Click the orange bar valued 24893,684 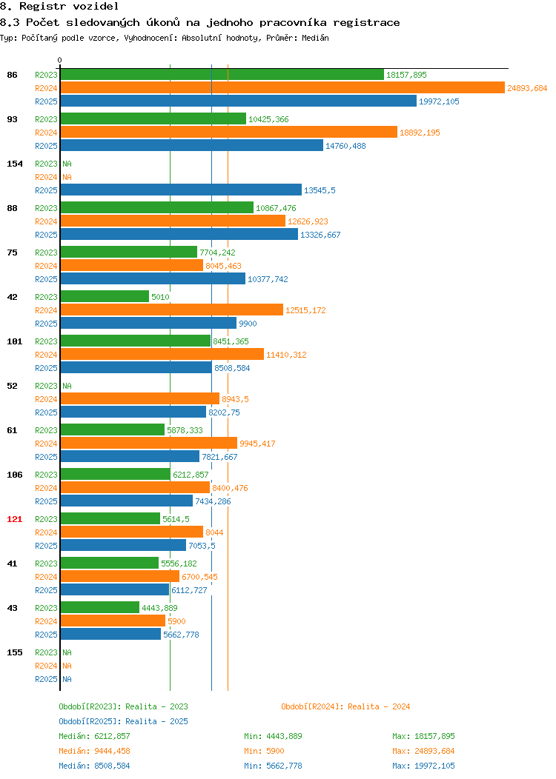tap(282, 88)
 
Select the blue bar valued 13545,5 tap(181, 190)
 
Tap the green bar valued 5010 tap(105, 297)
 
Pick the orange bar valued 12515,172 tap(171, 310)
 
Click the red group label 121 tap(14, 519)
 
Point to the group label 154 tap(14, 164)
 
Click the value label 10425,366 tap(268, 119)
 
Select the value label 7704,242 tap(217, 253)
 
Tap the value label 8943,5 tap(235, 399)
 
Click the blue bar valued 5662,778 tap(111, 635)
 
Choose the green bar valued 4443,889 tap(100, 608)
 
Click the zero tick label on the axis tap(60, 60)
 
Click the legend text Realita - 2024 tap(379, 706)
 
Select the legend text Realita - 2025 tap(156, 721)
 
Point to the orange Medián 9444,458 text tap(94, 751)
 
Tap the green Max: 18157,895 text tap(423, 736)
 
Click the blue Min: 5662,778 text tap(273, 766)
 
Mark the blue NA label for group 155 tap(67, 679)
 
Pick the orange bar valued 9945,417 tap(149, 443)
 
